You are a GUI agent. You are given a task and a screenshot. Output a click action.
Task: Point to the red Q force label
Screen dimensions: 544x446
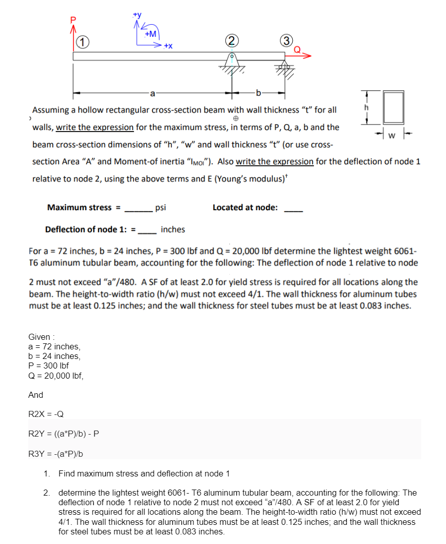(298, 49)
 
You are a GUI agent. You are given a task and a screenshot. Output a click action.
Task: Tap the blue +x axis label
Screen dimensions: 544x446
(168, 46)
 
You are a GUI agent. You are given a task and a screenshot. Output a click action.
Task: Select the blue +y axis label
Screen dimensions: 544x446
(136, 15)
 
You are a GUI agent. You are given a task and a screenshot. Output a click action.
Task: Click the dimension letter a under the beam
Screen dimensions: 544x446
(152, 93)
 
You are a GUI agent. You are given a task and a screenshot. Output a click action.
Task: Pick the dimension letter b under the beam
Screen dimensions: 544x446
(259, 93)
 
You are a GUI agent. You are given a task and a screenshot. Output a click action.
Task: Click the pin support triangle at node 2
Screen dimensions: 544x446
(231, 62)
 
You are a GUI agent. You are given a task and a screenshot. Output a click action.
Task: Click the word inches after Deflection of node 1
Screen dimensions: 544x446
(173, 230)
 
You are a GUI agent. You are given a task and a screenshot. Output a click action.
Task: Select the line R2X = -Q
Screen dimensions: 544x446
(46, 414)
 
